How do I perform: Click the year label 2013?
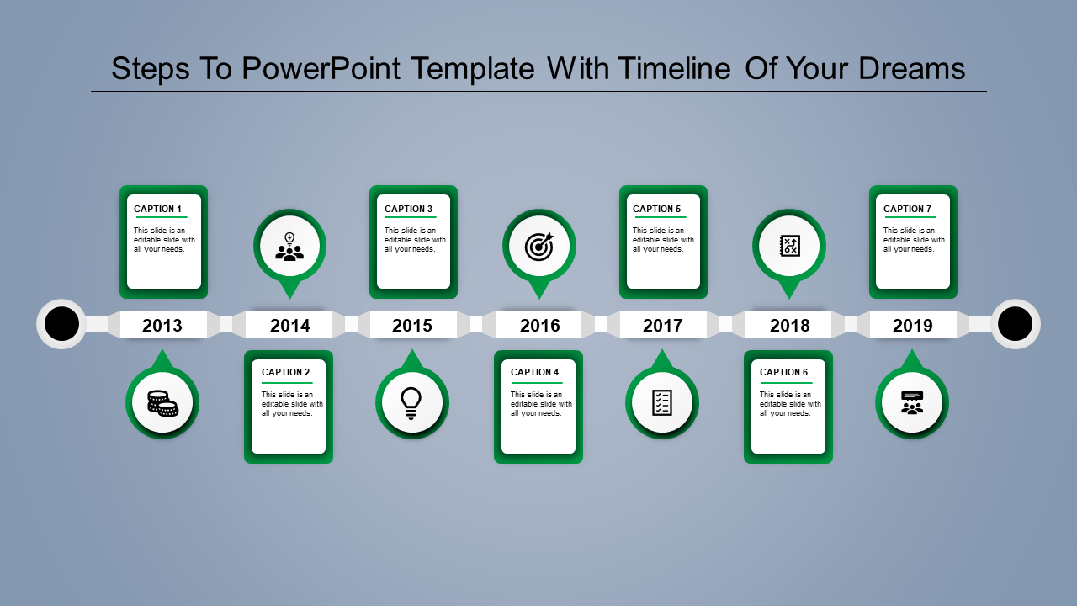pos(162,326)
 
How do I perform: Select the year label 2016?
pos(539,326)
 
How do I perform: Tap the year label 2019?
pos(913,326)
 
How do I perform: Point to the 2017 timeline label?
pos(663,326)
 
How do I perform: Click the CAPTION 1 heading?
pos(158,209)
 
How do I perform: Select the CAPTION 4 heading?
pos(535,372)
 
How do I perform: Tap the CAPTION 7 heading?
pos(908,209)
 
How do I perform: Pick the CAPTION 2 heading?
pos(286,372)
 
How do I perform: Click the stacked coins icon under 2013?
pos(162,403)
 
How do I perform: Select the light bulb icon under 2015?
pos(411,403)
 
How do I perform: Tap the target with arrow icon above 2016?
pos(539,246)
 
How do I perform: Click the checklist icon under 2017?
pos(662,402)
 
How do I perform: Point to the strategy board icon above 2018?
pos(789,246)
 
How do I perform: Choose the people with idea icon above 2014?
pos(289,247)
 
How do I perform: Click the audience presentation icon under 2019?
pos(912,402)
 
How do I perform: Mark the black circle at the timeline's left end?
pos(61,324)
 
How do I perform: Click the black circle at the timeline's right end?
pos(1015,324)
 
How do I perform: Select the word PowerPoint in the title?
pos(321,68)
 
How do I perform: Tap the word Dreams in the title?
pos(912,68)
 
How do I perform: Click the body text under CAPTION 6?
pos(790,404)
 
